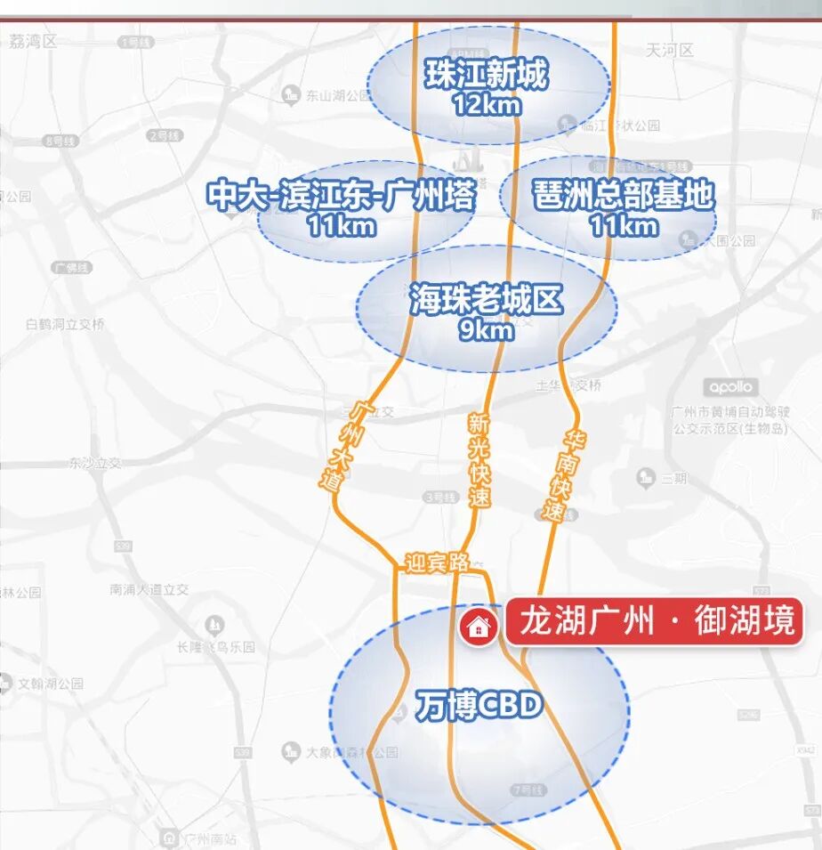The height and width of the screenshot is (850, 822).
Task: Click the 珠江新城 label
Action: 486,76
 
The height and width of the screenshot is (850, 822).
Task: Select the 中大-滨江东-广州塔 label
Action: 341,195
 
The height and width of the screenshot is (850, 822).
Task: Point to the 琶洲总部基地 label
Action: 624,195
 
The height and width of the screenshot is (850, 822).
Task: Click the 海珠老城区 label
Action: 486,302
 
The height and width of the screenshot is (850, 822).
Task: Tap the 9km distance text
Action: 486,330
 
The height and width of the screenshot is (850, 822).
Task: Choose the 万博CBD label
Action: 479,707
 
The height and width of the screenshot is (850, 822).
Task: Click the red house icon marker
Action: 479,627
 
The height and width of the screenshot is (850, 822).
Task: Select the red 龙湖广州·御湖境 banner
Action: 655,621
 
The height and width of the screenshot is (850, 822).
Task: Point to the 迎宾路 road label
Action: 437,563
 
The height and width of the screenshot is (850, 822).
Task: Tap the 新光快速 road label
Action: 479,461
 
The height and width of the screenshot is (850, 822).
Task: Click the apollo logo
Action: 731,387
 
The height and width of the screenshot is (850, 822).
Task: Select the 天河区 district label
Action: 670,50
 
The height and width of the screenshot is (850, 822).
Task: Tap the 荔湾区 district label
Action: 34,41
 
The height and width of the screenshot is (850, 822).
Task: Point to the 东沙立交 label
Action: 95,463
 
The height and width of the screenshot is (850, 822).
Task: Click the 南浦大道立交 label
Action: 149,589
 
